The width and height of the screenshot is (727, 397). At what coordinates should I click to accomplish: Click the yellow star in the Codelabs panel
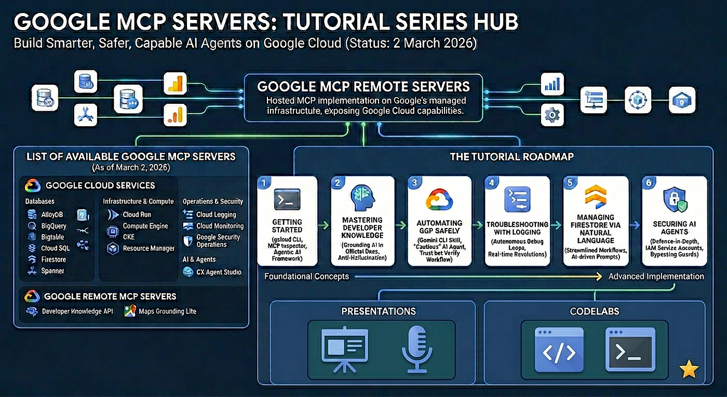tap(689, 369)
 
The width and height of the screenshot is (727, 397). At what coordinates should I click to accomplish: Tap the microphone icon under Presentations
tap(416, 350)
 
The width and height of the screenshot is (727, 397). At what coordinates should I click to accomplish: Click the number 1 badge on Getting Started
tap(264, 183)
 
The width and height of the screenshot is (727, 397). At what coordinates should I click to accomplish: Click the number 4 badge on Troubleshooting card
tap(491, 183)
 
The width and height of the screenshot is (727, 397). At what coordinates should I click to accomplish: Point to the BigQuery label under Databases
tap(54, 226)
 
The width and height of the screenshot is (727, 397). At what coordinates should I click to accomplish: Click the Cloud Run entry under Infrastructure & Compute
tap(137, 215)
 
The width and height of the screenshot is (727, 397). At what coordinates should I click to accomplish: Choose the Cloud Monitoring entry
tap(220, 226)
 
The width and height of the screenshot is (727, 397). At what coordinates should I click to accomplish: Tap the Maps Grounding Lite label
tap(167, 311)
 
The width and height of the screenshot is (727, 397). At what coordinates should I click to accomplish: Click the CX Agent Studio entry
tap(219, 272)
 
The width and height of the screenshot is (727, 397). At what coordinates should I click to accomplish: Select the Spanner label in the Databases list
tap(52, 271)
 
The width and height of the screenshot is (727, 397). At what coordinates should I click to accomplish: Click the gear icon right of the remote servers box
tap(551, 114)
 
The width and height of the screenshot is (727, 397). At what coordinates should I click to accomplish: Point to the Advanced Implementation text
tap(656, 276)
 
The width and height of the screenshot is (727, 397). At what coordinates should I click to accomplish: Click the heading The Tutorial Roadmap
tap(511, 156)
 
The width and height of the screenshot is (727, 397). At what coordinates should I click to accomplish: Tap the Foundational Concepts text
tap(306, 276)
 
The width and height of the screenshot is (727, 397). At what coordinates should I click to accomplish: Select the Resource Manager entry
tap(149, 248)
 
